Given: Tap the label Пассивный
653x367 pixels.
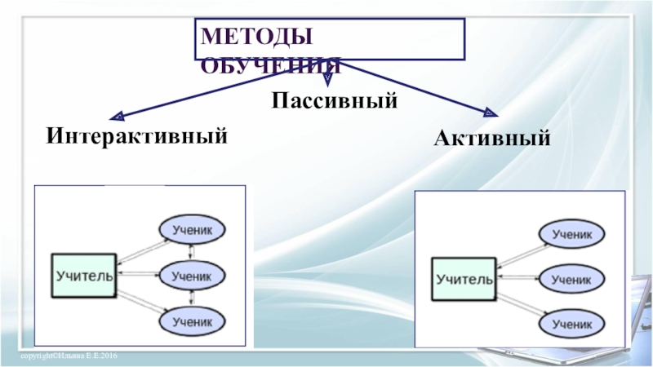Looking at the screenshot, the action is pyautogui.click(x=335, y=102).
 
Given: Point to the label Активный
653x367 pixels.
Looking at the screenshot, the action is pyautogui.click(x=492, y=138).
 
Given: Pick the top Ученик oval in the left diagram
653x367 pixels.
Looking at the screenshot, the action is pyautogui.click(x=192, y=230).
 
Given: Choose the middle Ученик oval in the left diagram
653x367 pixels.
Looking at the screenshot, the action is pyautogui.click(x=192, y=276).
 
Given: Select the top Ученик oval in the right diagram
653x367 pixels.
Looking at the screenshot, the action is pyautogui.click(x=571, y=233).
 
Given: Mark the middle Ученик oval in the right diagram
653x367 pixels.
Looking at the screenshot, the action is pyautogui.click(x=571, y=279).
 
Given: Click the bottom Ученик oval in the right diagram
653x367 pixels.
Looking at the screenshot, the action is pyautogui.click(x=571, y=325).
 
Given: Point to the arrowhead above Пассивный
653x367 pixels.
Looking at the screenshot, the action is pyautogui.click(x=327, y=82).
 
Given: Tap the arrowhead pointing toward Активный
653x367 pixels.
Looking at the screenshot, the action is pyautogui.click(x=490, y=113).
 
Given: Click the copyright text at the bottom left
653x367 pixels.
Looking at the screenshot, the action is pyautogui.click(x=70, y=358).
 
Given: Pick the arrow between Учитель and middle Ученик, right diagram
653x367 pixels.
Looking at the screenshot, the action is pyautogui.click(x=518, y=279).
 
